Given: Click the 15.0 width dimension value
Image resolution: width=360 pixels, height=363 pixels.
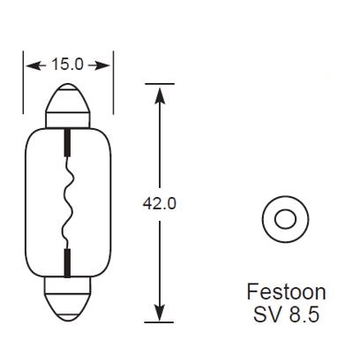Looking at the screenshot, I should pyautogui.click(x=69, y=64).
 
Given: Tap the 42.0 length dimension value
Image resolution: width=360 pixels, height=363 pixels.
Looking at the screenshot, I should pyautogui.click(x=160, y=202).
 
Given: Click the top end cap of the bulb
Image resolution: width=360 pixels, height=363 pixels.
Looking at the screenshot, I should pyautogui.click(x=68, y=103).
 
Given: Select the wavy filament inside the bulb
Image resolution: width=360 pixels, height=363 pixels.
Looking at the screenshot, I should pyautogui.click(x=65, y=202).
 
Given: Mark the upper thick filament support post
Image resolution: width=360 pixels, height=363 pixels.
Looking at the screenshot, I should pyautogui.click(x=68, y=140).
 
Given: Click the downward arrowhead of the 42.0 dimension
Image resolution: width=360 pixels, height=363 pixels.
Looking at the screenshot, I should pyautogui.click(x=160, y=314).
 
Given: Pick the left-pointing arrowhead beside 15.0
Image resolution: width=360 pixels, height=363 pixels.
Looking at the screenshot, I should pyautogui.click(x=33, y=64).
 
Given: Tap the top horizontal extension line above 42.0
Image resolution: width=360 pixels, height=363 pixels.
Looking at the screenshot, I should pyautogui.click(x=160, y=83).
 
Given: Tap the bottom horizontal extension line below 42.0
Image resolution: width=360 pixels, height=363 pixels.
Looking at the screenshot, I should pyautogui.click(x=160, y=321).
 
